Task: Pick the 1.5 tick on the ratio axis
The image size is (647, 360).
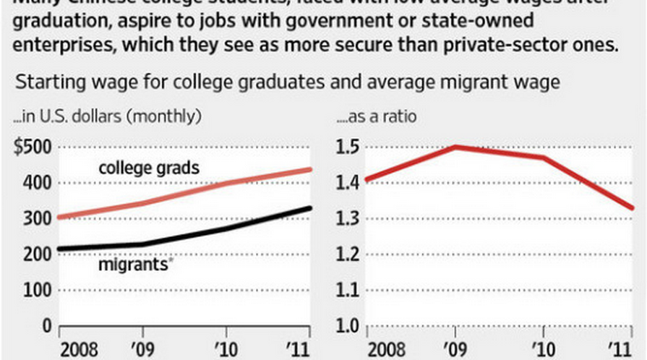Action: pyautogui.click(x=349, y=147)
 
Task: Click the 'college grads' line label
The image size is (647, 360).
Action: pyautogui.click(x=149, y=168)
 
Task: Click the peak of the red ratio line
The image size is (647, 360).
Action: pyautogui.click(x=455, y=147)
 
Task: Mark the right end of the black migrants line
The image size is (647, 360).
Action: pyautogui.click(x=309, y=208)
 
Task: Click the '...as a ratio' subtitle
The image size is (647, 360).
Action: pyautogui.click(x=380, y=116)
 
